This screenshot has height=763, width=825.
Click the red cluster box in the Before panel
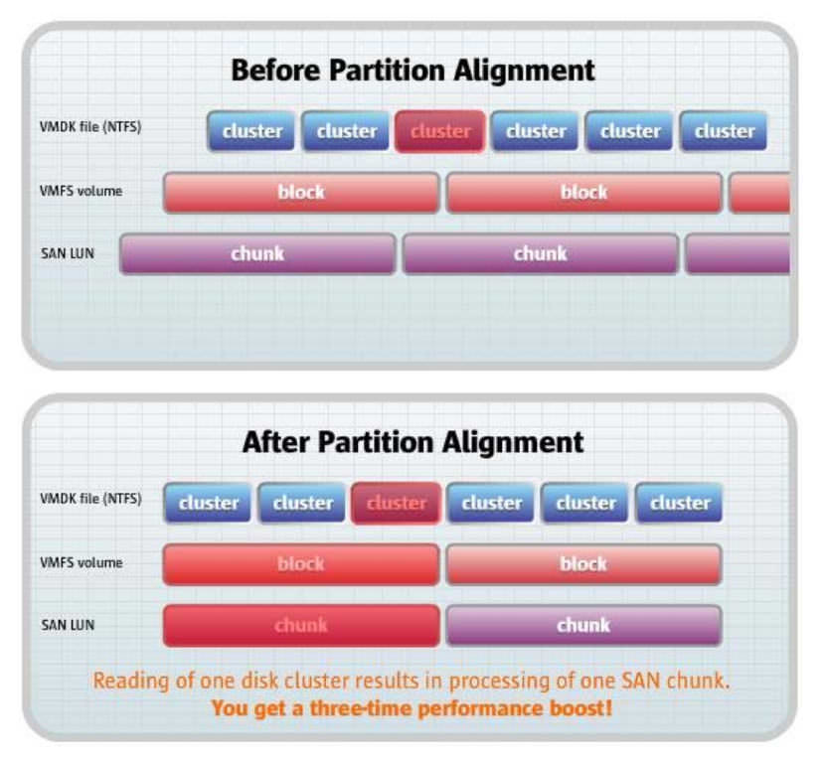[x=440, y=131]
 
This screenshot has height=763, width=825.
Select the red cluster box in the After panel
[x=397, y=503]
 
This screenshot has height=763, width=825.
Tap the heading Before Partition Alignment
[x=413, y=71]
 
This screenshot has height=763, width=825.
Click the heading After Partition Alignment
[x=413, y=442]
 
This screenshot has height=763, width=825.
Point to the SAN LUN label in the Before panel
[x=68, y=253]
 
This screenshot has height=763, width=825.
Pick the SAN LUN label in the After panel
[x=68, y=625]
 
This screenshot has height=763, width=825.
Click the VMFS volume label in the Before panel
[x=82, y=191]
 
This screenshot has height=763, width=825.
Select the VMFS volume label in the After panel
[x=82, y=562]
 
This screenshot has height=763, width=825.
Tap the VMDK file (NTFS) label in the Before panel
[x=90, y=127]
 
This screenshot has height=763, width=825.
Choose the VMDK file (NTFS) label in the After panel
[x=90, y=499]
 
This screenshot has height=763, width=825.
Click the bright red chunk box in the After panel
[x=301, y=625]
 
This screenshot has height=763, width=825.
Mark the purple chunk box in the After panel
[x=583, y=625]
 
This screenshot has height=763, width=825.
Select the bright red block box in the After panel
[x=301, y=564]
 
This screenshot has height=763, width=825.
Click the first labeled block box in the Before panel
[x=301, y=193]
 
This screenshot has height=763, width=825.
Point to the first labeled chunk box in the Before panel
[x=257, y=254]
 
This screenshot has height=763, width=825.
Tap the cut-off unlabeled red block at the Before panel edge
[x=759, y=193]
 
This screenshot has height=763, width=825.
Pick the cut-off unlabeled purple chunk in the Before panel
[x=738, y=254]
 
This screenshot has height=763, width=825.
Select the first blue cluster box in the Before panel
[x=250, y=131]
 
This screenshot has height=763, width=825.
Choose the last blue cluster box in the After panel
[x=679, y=503]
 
